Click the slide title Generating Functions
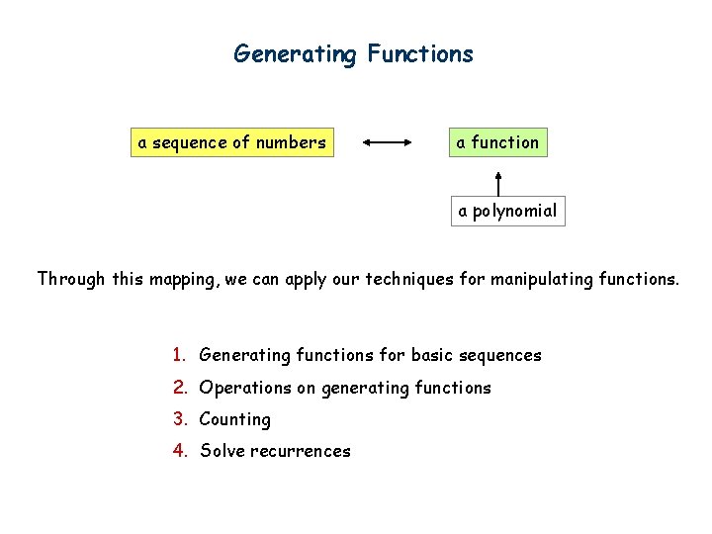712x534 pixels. click(x=353, y=53)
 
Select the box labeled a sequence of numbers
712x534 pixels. click(x=232, y=142)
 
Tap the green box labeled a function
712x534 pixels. click(x=497, y=142)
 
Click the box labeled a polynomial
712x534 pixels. click(x=506, y=211)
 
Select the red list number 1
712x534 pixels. click(x=178, y=355)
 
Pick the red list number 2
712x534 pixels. click(x=178, y=388)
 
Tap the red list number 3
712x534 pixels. click(x=178, y=419)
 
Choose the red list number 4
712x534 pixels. click(x=179, y=451)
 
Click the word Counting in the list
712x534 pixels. click(x=234, y=419)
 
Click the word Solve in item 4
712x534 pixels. click(x=221, y=451)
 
